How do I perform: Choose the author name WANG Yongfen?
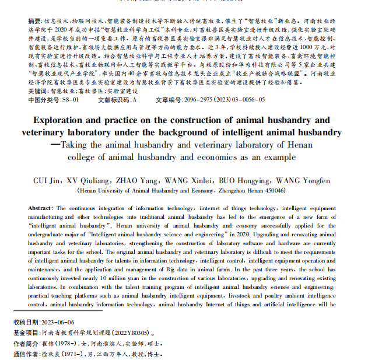tap(320, 180)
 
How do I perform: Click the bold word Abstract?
tap(40, 208)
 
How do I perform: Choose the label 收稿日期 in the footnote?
tap(24, 322)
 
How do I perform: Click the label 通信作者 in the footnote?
tap(24, 354)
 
